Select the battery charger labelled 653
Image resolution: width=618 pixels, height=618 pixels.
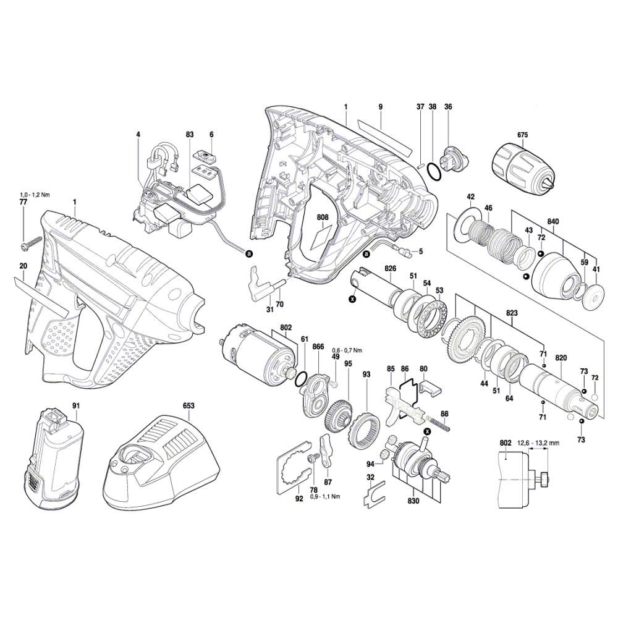[x=161, y=462]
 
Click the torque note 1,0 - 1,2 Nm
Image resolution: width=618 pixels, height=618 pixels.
[x=34, y=195]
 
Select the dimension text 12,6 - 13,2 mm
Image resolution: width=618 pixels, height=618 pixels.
[x=538, y=443]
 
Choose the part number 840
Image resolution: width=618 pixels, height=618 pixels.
[x=553, y=222]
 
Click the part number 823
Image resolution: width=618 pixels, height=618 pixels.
[x=512, y=314]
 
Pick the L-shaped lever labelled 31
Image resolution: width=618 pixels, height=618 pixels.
[x=259, y=282]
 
